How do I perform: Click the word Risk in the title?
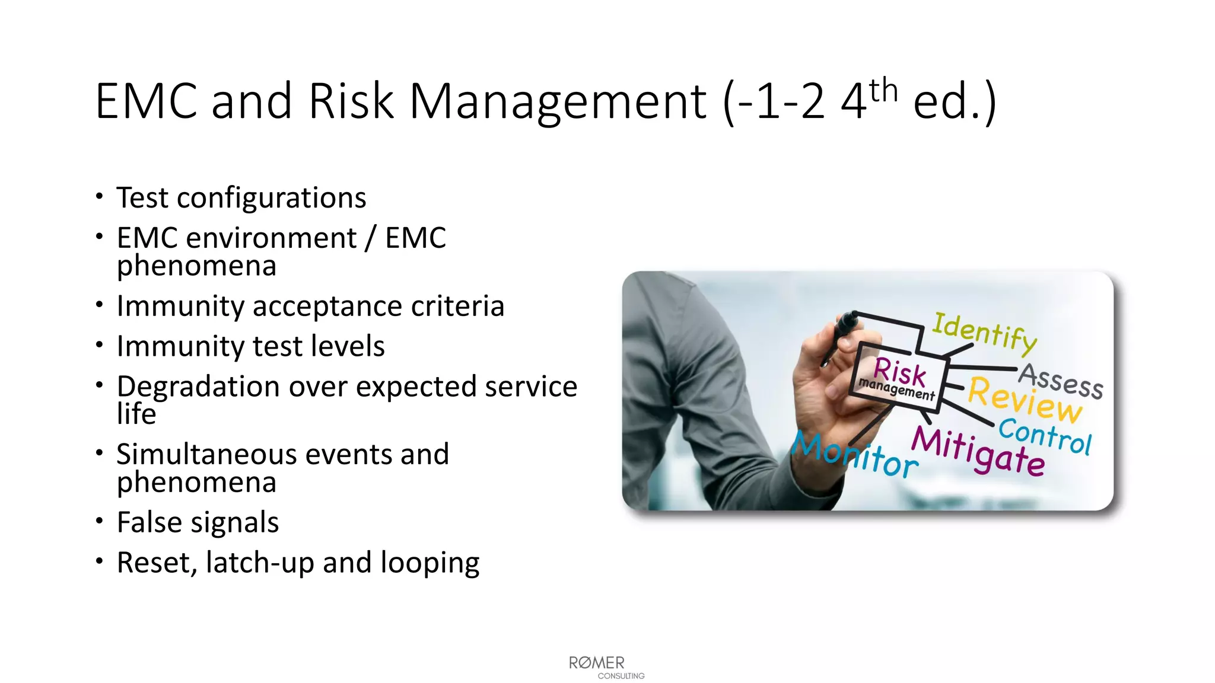pos(351,101)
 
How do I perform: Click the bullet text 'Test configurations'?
pos(241,197)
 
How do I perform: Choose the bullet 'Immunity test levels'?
pos(250,346)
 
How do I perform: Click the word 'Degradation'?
pos(198,387)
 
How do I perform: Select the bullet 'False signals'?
pos(198,522)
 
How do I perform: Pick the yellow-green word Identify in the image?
pos(984,332)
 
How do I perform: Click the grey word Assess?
pos(1061,380)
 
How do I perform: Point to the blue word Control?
pos(1044,436)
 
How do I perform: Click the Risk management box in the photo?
pos(897,378)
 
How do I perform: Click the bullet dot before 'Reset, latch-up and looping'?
pos(99,560)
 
